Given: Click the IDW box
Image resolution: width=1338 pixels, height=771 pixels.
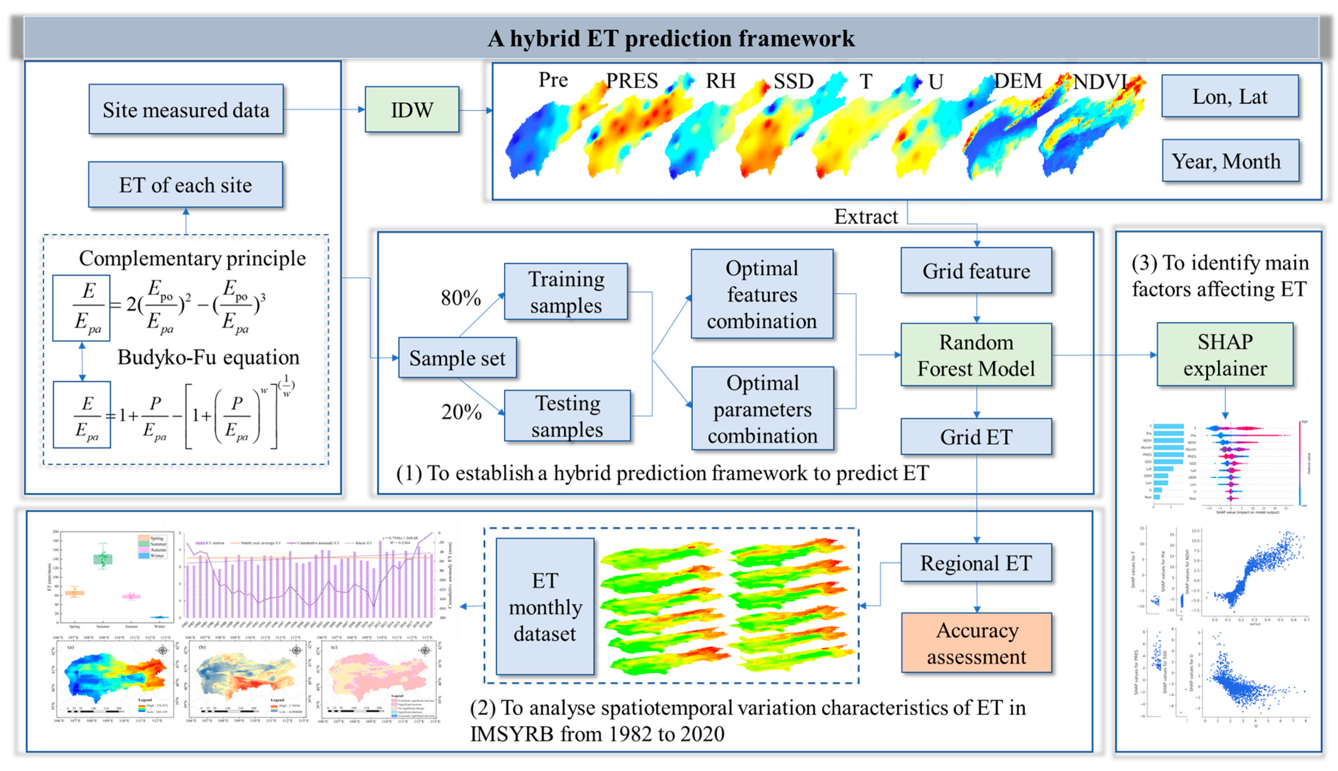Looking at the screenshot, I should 411,110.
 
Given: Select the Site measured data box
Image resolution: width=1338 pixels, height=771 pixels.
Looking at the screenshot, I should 186,110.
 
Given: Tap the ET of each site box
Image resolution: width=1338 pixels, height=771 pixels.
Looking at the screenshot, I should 185,185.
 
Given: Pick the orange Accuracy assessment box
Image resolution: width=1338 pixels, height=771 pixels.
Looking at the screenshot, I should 976,643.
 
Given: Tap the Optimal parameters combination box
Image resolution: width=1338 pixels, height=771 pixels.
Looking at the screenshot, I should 762,409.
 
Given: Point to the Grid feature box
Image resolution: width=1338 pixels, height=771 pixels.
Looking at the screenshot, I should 976,270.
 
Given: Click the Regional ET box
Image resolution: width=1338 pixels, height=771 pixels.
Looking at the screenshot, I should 976,563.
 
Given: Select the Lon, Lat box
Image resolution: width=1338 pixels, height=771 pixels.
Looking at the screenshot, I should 1229,96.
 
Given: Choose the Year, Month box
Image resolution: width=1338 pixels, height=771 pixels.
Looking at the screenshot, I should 1229,161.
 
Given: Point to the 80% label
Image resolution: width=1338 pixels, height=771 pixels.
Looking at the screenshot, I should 461,298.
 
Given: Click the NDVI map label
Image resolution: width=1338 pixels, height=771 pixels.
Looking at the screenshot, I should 1099,82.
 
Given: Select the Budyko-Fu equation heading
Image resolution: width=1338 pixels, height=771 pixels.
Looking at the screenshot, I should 208,357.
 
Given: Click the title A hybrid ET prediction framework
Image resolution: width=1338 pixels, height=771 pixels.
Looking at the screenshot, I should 670,38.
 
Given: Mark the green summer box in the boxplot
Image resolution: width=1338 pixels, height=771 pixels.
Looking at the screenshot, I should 103,559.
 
